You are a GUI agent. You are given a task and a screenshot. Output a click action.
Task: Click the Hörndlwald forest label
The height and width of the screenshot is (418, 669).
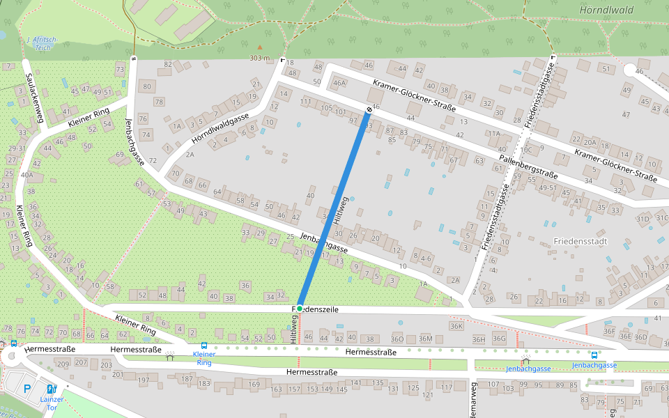tap(607, 10)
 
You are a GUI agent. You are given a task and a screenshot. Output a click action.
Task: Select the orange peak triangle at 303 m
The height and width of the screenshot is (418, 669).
tap(260, 47)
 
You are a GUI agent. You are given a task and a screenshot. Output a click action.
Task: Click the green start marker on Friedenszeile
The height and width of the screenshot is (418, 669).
tap(299, 308)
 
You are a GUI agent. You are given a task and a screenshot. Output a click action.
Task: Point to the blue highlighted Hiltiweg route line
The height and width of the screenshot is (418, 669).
tap(334, 210)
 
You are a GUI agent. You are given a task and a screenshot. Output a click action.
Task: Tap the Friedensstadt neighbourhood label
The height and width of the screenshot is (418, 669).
tap(580, 241)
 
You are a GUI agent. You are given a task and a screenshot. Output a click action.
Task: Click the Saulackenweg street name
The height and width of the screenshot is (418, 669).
tap(33, 98)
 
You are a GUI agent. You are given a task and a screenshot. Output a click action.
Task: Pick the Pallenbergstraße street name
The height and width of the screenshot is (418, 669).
tap(528, 168)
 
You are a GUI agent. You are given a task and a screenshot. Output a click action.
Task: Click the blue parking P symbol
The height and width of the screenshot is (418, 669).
tap(27, 389)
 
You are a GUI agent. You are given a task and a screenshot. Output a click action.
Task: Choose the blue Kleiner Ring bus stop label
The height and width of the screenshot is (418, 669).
tap(204, 358)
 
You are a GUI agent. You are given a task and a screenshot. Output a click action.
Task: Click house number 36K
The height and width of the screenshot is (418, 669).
tap(456, 326)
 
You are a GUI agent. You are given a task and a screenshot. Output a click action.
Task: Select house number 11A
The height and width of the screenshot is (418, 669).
tap(494, 133)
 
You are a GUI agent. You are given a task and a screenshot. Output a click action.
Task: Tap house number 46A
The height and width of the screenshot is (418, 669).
tap(339, 83)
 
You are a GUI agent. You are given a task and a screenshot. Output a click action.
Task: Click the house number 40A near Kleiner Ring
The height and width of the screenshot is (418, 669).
tap(27, 175)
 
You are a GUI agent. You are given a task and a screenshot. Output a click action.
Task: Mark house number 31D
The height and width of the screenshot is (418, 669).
tap(642, 219)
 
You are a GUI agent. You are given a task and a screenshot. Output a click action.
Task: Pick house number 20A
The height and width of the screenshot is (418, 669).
tap(590, 142)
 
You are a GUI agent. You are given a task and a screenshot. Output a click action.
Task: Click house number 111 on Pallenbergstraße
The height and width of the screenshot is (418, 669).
tap(305, 102)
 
